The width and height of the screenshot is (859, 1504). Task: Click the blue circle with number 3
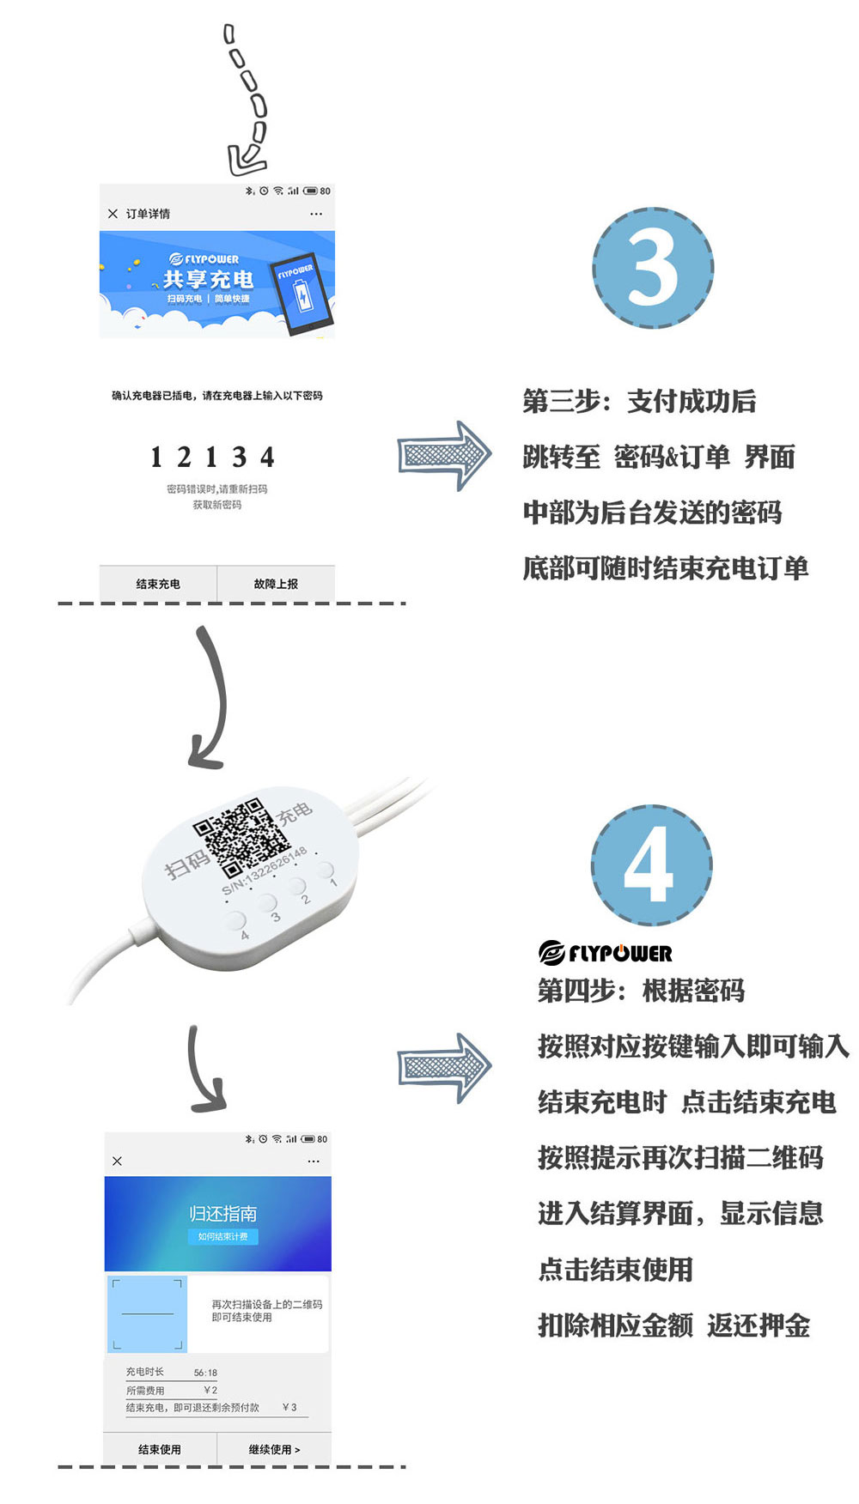pyautogui.click(x=653, y=268)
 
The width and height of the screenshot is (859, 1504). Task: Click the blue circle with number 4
pyautogui.click(x=651, y=864)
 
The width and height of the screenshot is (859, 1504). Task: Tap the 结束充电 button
pyautogui.click(x=158, y=584)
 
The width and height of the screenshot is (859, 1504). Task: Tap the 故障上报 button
pyautogui.click(x=276, y=584)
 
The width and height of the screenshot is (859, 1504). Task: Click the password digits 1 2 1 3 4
pyautogui.click(x=212, y=457)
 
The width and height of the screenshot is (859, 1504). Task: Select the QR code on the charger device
pyautogui.click(x=241, y=837)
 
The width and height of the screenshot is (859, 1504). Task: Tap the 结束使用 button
pyautogui.click(x=160, y=1449)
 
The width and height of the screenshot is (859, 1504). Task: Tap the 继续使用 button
pyautogui.click(x=274, y=1449)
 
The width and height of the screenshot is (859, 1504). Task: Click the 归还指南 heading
pyautogui.click(x=222, y=1213)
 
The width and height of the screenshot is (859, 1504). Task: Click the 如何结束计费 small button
pyautogui.click(x=222, y=1237)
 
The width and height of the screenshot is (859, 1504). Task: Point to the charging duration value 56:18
pyautogui.click(x=205, y=1373)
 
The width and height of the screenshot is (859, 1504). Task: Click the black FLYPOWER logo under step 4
pyautogui.click(x=605, y=953)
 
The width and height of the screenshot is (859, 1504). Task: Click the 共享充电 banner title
pyautogui.click(x=208, y=279)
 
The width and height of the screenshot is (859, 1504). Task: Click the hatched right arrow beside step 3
pyautogui.click(x=444, y=456)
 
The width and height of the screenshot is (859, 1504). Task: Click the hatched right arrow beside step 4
pyautogui.click(x=444, y=1067)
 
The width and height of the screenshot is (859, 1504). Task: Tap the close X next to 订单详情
pyautogui.click(x=113, y=214)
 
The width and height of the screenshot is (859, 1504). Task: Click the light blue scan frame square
pyautogui.click(x=147, y=1314)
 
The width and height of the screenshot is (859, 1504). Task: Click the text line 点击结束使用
pyautogui.click(x=615, y=1270)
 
